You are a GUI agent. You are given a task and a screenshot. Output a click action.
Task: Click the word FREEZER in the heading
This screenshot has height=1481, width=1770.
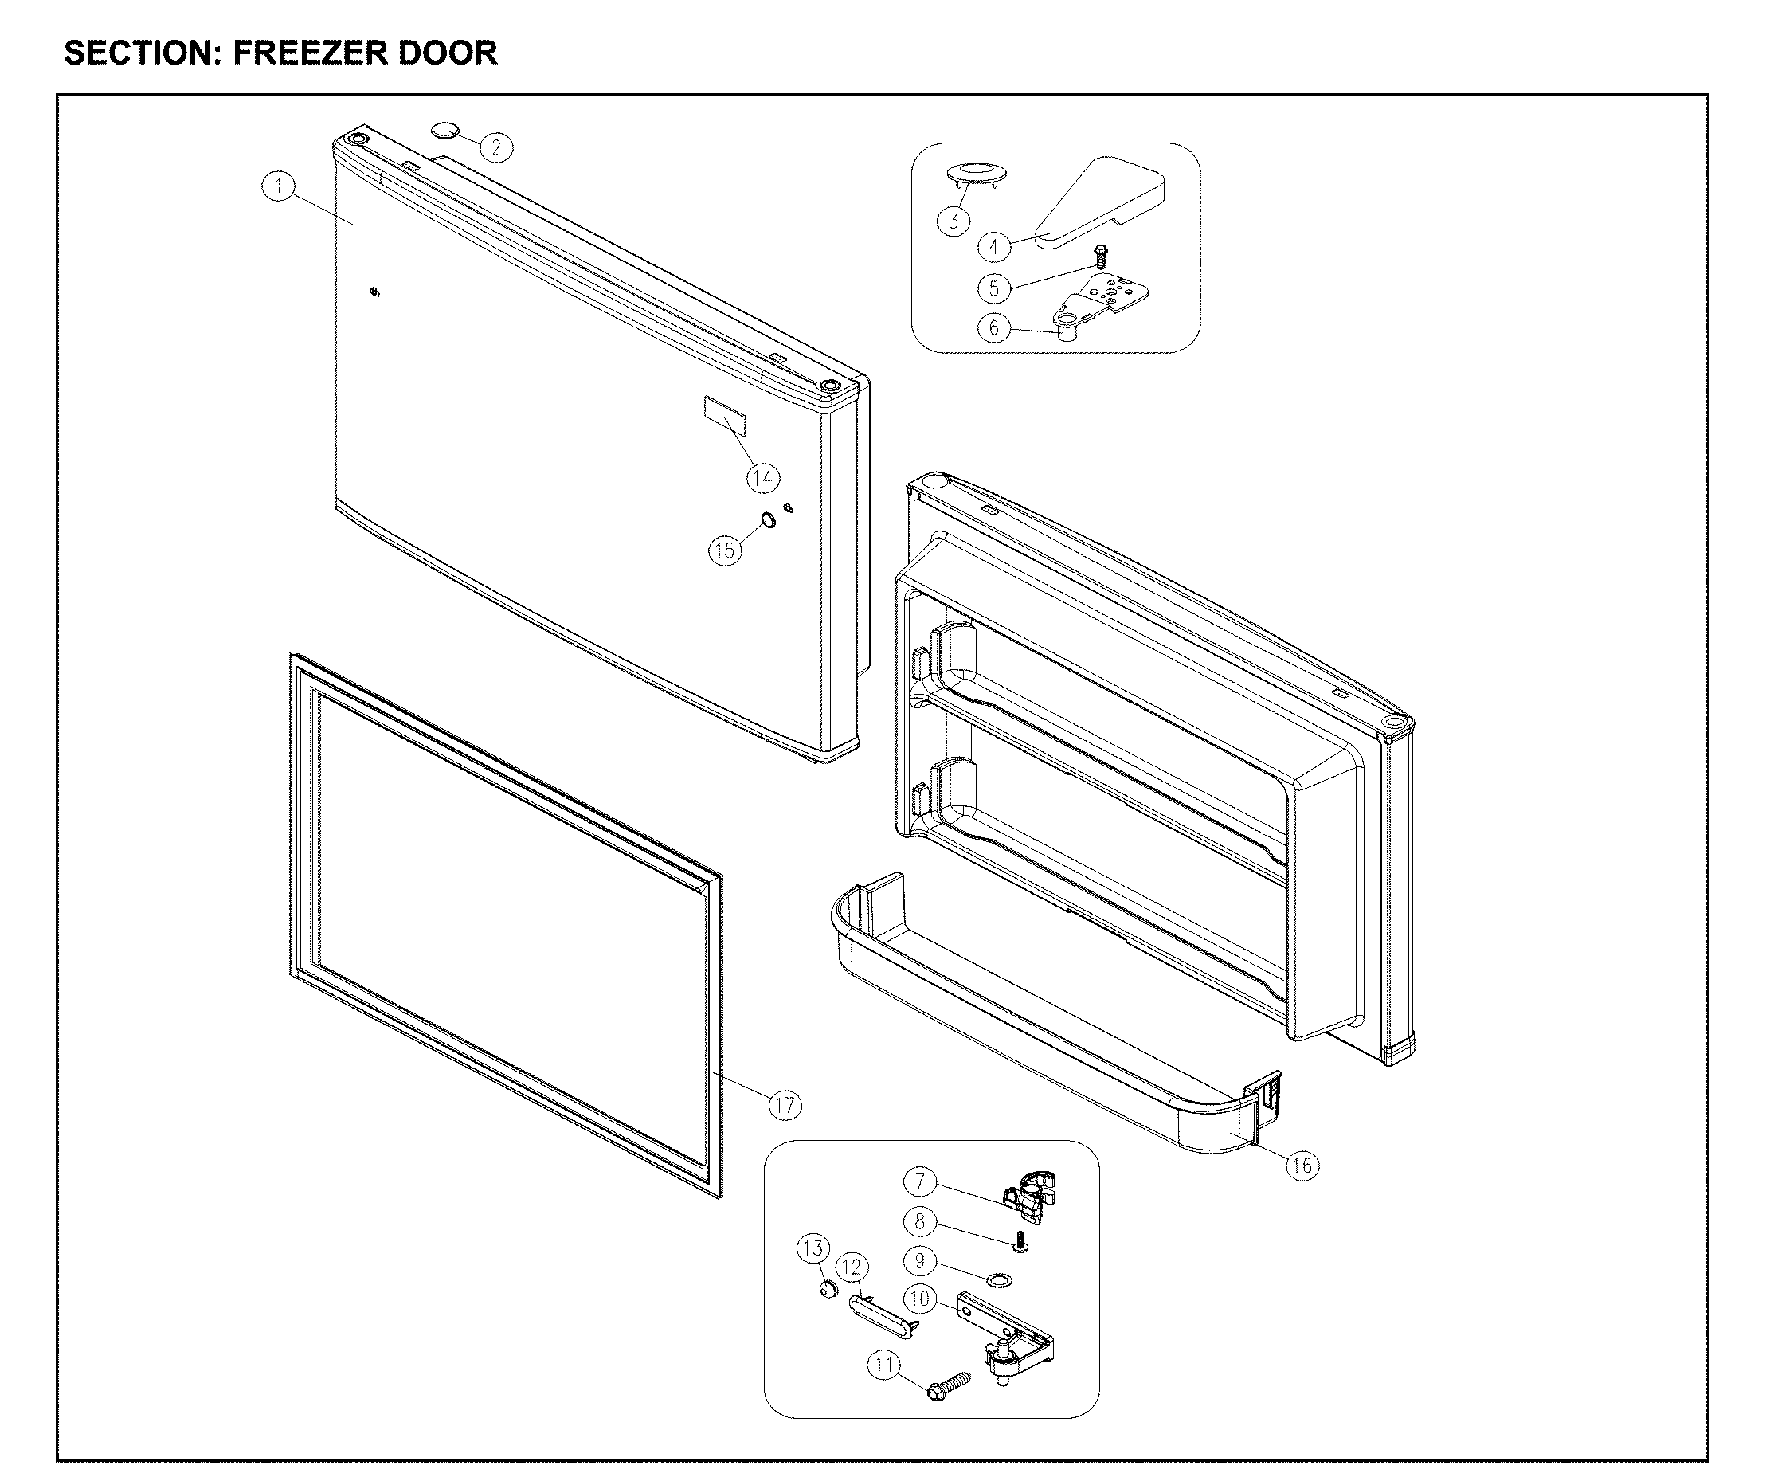click(307, 53)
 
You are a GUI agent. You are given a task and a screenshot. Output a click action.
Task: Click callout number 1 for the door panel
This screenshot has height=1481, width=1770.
click(278, 186)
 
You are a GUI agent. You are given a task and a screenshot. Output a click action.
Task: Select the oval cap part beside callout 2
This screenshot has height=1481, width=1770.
click(446, 130)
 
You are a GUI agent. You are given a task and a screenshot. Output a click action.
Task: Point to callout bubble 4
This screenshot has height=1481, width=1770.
click(993, 247)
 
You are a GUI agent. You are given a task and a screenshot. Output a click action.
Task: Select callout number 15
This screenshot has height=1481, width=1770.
click(724, 550)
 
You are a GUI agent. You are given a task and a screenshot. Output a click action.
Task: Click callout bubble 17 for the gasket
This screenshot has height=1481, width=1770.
click(785, 1104)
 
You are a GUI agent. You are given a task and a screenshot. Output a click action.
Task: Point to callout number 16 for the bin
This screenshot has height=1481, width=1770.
click(1302, 1165)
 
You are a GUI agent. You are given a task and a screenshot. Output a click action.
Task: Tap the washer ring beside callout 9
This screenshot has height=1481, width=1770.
click(1001, 1282)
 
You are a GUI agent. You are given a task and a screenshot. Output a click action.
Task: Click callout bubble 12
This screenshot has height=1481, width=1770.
click(852, 1267)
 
